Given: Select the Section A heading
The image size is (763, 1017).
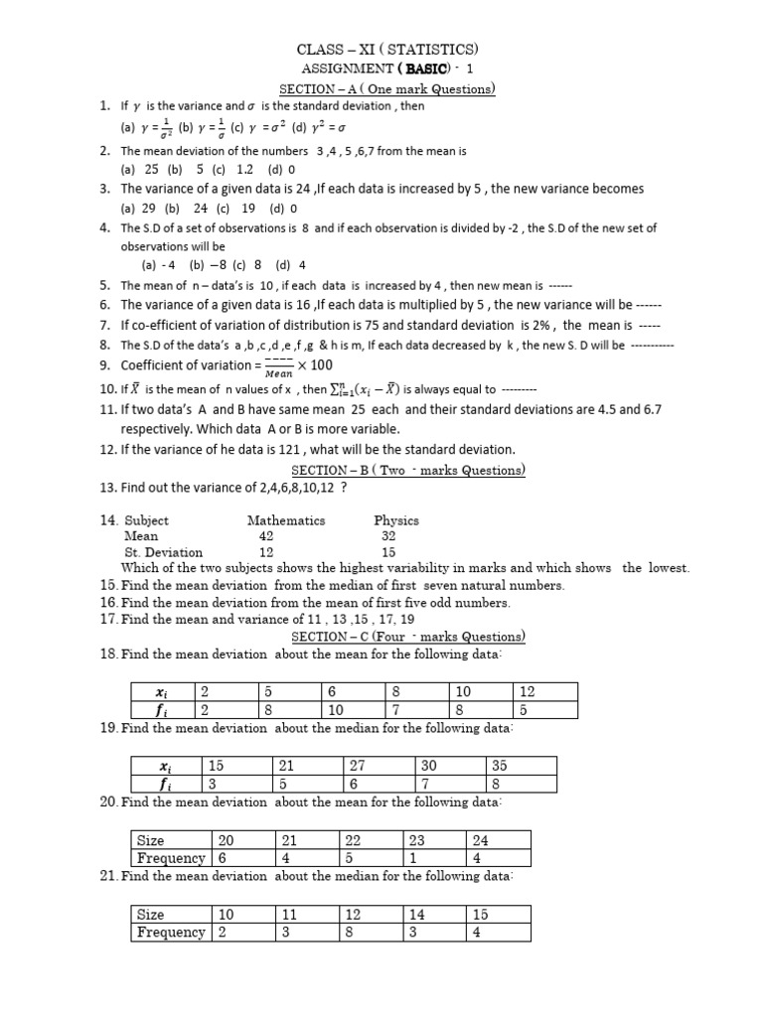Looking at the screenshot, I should point(394,88).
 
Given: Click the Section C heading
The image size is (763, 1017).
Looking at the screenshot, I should point(407,637).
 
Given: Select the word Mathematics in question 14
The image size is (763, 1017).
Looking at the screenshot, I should point(286,519).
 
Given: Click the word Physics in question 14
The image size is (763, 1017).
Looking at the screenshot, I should point(396,519).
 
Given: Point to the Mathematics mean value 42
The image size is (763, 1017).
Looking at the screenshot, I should point(266,535).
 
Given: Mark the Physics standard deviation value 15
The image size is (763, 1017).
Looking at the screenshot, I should point(388,552).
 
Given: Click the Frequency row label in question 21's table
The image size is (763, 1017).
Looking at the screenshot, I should point(170,933).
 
